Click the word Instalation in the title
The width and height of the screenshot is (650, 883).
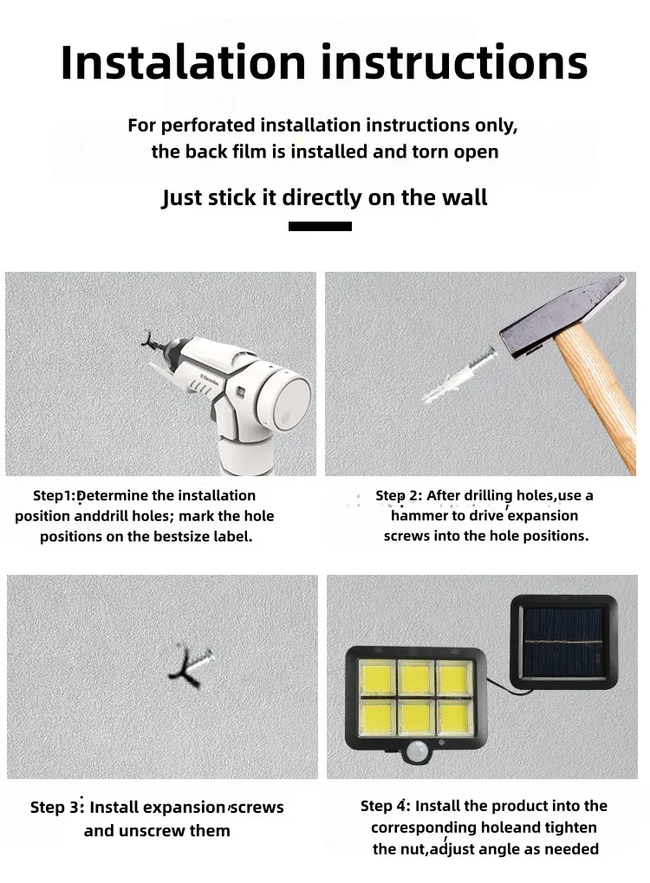coord(183,61)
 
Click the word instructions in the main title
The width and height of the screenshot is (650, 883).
coord(454,61)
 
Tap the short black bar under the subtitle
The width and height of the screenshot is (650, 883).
coord(320,227)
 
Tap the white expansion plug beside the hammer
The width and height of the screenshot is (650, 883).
coord(460,375)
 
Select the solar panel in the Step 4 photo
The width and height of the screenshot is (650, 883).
coord(563,643)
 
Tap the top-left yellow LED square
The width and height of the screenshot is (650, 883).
coord(376,678)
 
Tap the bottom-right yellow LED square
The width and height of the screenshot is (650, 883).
coord(454,717)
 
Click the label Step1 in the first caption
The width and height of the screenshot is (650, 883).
coord(54,495)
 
